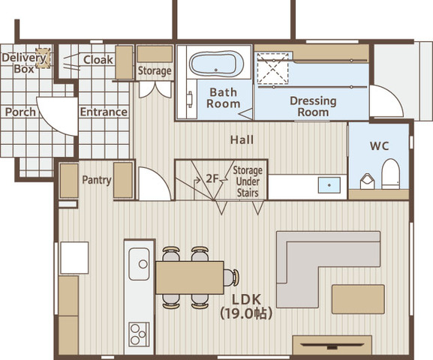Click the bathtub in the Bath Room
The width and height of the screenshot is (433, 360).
click(216, 63)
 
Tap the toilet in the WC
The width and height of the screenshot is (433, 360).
click(390, 174)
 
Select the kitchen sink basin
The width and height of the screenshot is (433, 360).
click(139, 264)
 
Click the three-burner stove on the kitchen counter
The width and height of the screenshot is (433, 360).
click(139, 334)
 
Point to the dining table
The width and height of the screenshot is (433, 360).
click(190, 277)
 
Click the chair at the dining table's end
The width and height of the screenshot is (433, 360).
click(231, 277)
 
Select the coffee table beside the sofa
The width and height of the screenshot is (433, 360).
click(358, 299)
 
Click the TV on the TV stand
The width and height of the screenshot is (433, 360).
click(332, 345)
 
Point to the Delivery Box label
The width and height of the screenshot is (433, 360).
click(24, 63)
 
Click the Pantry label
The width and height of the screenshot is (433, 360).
click(97, 180)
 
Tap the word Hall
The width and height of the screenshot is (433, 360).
click(242, 139)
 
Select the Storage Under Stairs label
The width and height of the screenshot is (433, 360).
click(248, 181)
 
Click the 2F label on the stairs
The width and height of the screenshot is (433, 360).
click(212, 179)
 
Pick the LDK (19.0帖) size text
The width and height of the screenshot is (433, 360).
click(246, 307)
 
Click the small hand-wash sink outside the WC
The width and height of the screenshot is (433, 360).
click(329, 185)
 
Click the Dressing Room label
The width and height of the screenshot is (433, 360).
click(313, 106)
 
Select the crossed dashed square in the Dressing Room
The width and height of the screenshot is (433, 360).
click(272, 68)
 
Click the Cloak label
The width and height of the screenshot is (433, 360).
click(98, 60)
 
